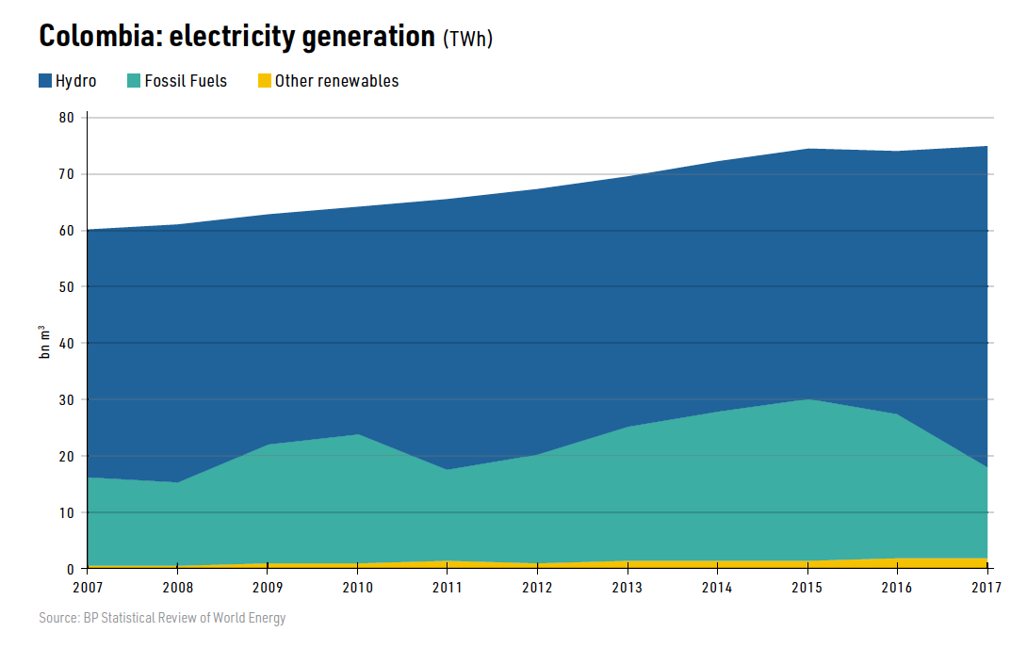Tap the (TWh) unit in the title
tap(468, 39)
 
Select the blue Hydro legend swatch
tap(45, 81)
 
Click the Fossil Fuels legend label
tap(186, 81)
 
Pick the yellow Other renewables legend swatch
tap(265, 81)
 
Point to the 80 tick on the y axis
tap(66, 118)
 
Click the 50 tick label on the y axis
tap(66, 287)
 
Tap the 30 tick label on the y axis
tap(66, 399)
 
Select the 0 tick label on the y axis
tap(70, 569)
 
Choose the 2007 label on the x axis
tap(87, 588)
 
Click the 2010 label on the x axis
tap(357, 588)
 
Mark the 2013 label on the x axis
tap(628, 588)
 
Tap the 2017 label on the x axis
tap(986, 588)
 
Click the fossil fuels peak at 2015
tap(807, 399)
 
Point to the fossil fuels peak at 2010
tap(358, 434)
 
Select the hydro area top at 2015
tap(807, 149)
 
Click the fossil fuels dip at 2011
tap(448, 469)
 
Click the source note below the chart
tap(162, 619)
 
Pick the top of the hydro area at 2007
tap(88, 230)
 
